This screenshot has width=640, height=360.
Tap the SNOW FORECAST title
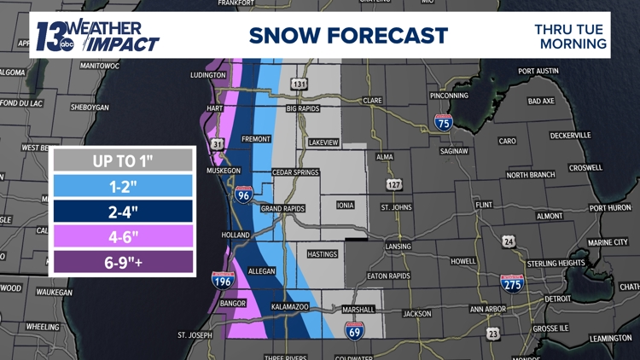[x=348, y=35]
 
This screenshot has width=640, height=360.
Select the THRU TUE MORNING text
[x=571, y=36]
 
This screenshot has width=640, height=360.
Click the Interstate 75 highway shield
[x=443, y=122]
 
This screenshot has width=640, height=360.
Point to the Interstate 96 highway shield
[x=243, y=195]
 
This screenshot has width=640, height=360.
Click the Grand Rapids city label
[x=282, y=208]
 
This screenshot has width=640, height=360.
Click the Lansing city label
[x=398, y=247]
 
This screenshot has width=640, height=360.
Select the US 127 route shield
[x=393, y=184]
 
